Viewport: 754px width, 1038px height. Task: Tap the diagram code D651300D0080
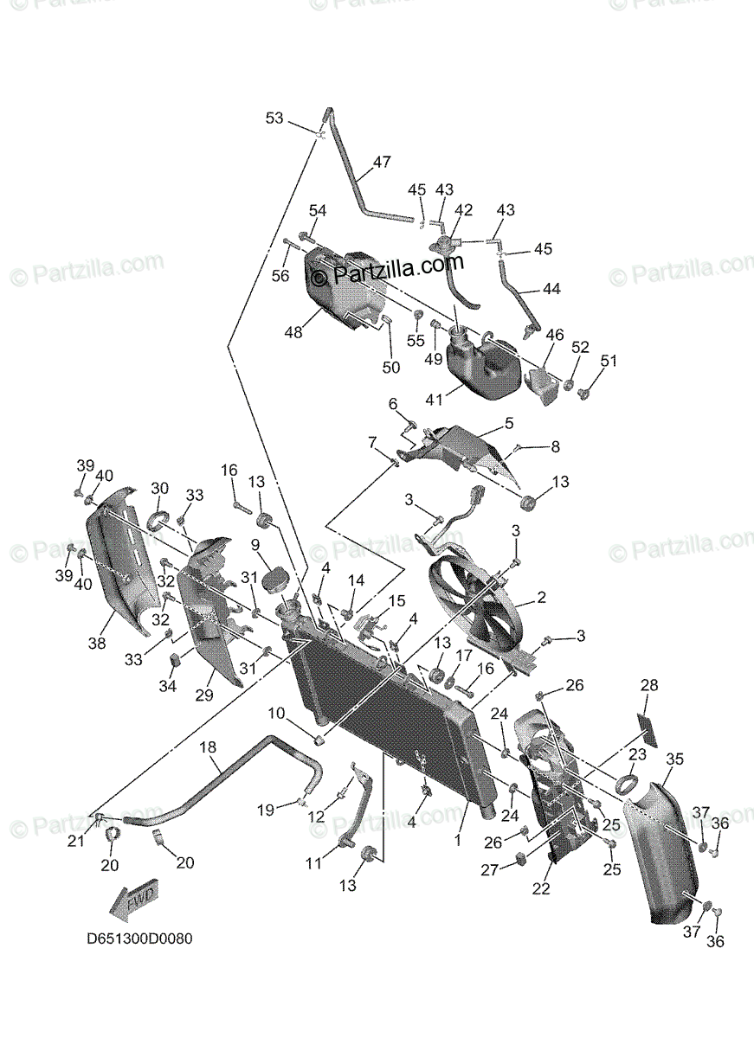[x=139, y=939]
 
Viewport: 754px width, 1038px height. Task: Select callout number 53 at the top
[x=274, y=118]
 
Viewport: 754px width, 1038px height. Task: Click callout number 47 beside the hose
[x=382, y=162]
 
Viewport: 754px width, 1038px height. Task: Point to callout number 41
[x=433, y=399]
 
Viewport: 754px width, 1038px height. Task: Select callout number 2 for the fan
[x=541, y=597]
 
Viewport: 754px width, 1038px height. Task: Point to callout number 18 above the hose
[x=207, y=746]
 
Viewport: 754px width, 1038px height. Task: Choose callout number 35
[x=674, y=759]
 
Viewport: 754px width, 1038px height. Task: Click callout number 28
[x=649, y=685]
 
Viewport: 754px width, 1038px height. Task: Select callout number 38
[x=96, y=643]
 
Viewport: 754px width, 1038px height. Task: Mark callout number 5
[x=508, y=423]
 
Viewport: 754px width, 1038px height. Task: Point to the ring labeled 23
[x=626, y=785]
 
